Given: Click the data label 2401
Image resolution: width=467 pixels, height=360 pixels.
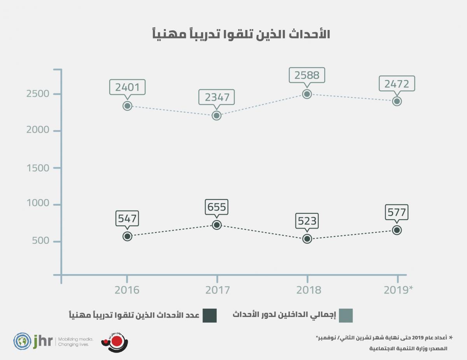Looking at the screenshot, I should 127,87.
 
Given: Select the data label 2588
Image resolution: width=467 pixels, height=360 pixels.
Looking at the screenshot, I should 307,75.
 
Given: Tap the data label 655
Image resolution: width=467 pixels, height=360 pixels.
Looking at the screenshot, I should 217,207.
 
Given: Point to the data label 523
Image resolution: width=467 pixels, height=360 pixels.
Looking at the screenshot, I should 307,221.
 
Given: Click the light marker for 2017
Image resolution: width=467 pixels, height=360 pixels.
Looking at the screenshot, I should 217,115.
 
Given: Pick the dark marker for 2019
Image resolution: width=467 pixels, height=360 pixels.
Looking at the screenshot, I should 397,230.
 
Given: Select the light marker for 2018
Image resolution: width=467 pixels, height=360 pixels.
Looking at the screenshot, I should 307,94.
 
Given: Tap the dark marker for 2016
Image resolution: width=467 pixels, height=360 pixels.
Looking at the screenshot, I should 127,236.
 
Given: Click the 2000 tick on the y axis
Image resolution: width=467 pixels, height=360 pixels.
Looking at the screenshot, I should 38,130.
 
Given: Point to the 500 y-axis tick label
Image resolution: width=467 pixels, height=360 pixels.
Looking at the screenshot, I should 41,241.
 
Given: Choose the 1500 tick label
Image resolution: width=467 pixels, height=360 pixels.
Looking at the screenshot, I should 39,168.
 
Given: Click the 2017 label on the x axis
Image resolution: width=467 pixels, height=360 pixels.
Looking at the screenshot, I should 217,290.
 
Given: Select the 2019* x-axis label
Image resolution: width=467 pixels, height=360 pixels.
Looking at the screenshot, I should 398,290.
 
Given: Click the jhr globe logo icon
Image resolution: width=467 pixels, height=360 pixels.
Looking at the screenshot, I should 22,341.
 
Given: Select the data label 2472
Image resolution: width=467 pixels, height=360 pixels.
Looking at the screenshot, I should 397,83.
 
